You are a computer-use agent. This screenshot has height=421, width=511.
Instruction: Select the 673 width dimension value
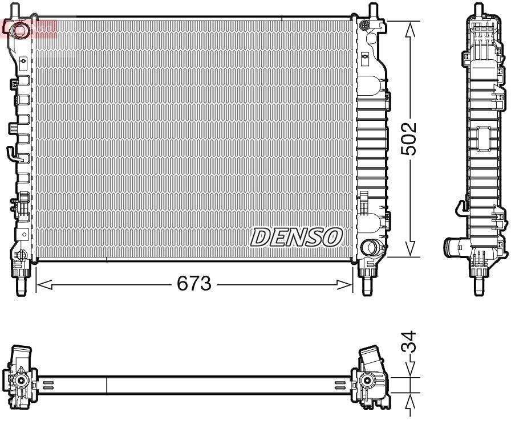(194, 284)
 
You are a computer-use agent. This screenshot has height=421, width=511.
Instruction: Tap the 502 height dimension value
(409, 138)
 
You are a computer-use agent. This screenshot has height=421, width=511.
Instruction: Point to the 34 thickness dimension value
(409, 343)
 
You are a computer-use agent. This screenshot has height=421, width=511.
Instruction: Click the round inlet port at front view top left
(21, 30)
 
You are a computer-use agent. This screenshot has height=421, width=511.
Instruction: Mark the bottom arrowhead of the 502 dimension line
(409, 250)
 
